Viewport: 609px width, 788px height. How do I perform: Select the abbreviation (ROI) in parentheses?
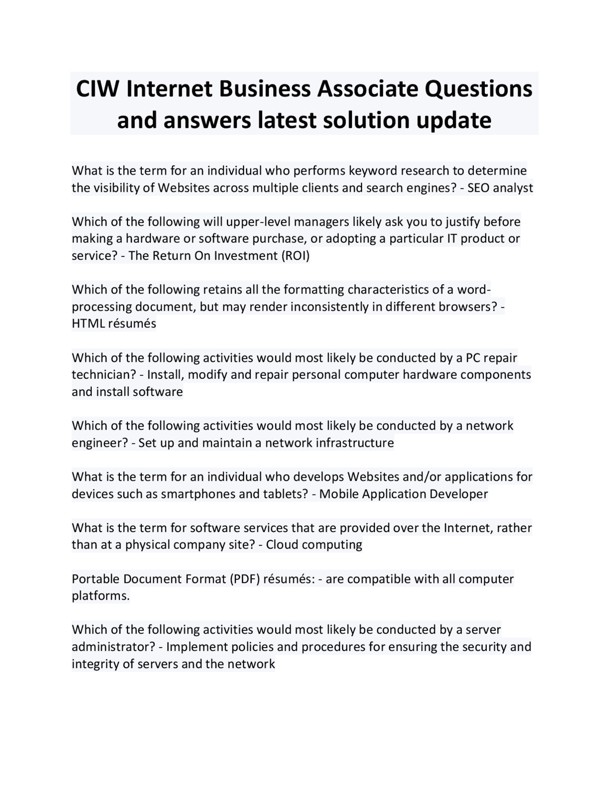295,256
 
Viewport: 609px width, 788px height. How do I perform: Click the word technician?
104,375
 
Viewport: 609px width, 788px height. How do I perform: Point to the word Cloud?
282,545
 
